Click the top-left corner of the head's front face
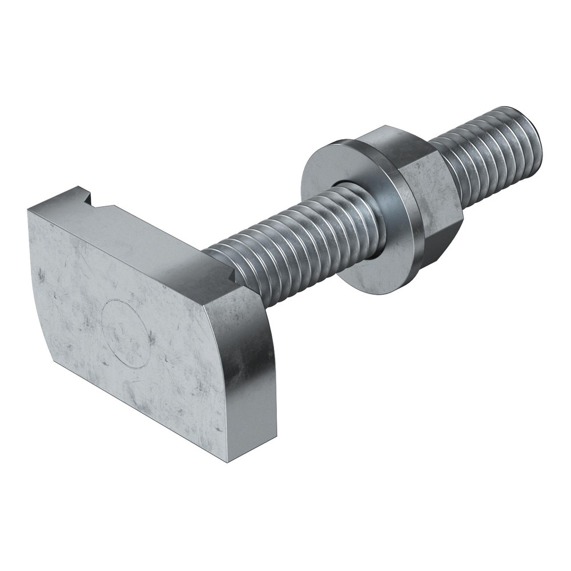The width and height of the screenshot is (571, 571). tap(29, 210)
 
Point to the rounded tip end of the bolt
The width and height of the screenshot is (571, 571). tap(534, 137)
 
